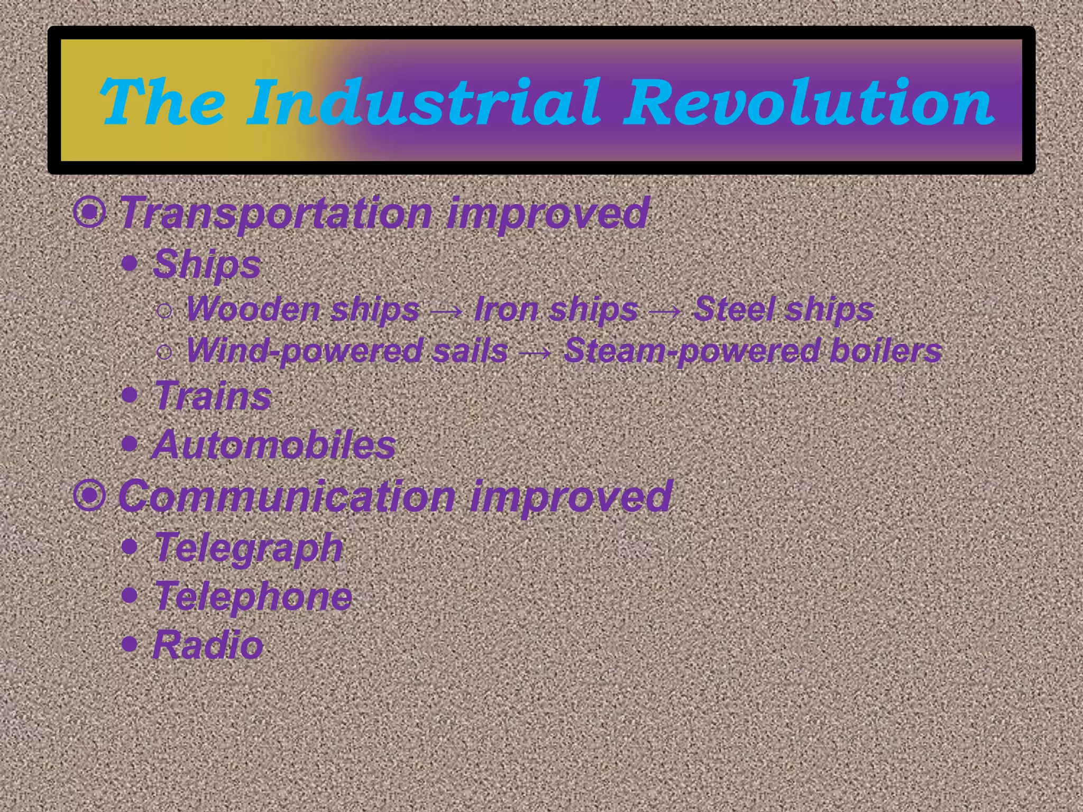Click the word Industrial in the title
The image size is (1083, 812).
tap(423, 101)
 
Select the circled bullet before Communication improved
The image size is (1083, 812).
tap(90, 495)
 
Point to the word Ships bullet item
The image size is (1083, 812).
tap(207, 264)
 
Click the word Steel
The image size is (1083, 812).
tap(732, 309)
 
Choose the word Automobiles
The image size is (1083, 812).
tap(274, 445)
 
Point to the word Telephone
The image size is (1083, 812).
tap(253, 596)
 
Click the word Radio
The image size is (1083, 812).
tap(208, 645)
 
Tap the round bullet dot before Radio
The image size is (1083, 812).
tap(130, 643)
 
